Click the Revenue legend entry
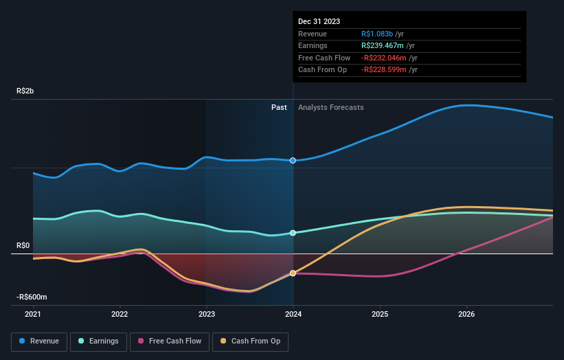point(39,341)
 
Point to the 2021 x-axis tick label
point(33,315)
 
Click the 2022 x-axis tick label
point(120,315)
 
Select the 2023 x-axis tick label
point(206,315)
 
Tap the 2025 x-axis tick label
point(380,315)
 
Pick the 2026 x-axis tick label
point(466,315)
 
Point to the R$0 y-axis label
point(24,245)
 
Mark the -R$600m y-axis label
point(32,297)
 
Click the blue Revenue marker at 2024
point(293,160)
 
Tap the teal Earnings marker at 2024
point(293,233)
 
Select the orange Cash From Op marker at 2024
point(293,273)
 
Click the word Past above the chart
point(279,107)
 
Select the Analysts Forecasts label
point(330,107)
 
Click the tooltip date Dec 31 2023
point(319,22)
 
